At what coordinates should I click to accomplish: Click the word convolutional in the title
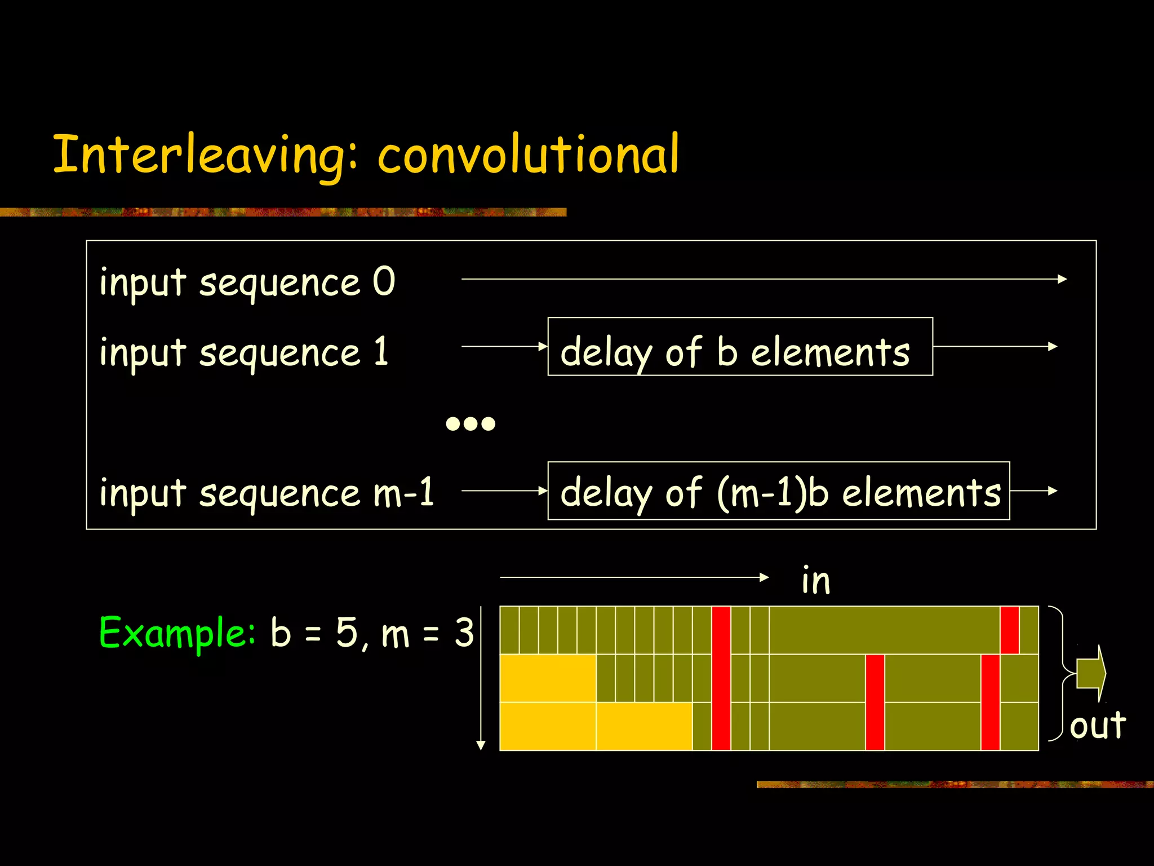[529, 154]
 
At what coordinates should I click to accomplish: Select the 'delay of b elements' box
[740, 347]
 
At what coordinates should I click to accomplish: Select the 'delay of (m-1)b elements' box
[778, 491]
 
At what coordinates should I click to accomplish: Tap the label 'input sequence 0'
[247, 282]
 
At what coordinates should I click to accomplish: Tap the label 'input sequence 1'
[244, 352]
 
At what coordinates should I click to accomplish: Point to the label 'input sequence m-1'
[267, 492]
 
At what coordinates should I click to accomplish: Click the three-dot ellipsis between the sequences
[471, 423]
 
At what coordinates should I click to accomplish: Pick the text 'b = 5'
[314, 633]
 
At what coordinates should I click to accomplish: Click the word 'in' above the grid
[815, 581]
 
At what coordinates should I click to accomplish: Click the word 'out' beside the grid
[1098, 725]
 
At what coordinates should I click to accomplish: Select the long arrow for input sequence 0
[764, 279]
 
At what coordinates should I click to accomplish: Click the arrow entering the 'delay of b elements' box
[504, 346]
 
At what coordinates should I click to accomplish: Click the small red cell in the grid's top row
[1009, 630]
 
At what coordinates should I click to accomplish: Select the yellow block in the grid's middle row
[548, 678]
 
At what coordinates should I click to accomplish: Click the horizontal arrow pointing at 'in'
[634, 577]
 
